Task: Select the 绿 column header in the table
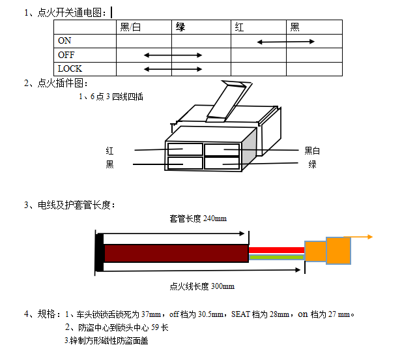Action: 180,27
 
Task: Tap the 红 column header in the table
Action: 239,27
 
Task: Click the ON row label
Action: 65,40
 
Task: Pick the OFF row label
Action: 66,55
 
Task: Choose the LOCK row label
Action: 70,68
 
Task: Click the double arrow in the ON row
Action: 286,42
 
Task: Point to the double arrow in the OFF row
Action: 173,55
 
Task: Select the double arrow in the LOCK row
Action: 173,68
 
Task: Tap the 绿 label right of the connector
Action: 313,164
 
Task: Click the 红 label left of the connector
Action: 109,151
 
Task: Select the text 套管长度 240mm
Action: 198,218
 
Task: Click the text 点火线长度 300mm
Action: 202,286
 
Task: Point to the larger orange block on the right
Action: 338,250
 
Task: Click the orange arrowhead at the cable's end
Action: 369,237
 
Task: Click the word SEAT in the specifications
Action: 242,314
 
